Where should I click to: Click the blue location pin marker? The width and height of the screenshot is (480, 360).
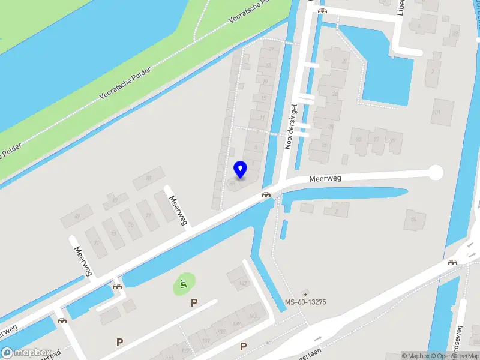241,169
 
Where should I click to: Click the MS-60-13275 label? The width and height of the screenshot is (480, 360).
305,302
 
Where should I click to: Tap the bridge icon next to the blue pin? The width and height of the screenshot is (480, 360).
266,194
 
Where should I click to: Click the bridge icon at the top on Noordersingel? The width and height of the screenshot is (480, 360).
322,10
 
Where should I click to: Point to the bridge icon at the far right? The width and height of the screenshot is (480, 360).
453,262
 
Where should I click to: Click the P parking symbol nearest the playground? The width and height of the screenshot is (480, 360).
194,303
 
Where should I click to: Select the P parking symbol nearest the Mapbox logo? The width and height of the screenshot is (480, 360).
120,343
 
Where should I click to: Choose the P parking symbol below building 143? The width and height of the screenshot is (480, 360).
243,346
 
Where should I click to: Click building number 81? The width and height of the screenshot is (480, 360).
149,178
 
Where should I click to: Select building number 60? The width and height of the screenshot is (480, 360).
413,219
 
